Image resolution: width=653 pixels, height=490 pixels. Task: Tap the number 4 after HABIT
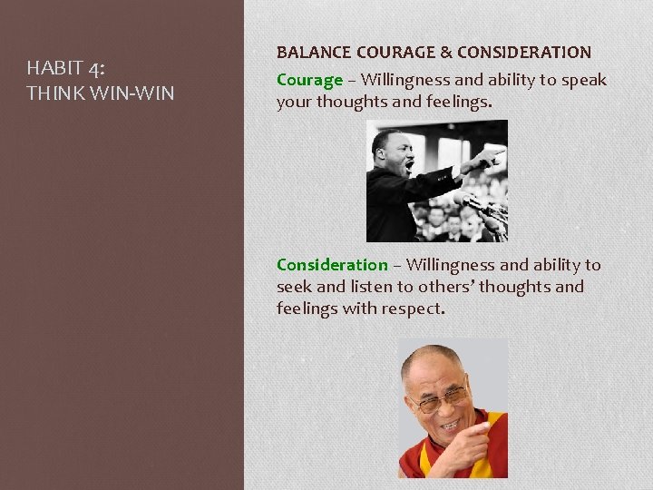pos(96,68)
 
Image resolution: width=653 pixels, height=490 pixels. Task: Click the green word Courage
pos(309,80)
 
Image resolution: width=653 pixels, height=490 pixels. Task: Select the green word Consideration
pos(331,265)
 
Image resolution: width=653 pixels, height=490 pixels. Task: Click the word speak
pos(585,80)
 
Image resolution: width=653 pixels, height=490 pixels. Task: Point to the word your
pos(294,102)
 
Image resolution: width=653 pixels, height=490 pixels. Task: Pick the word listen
pos(370,287)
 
